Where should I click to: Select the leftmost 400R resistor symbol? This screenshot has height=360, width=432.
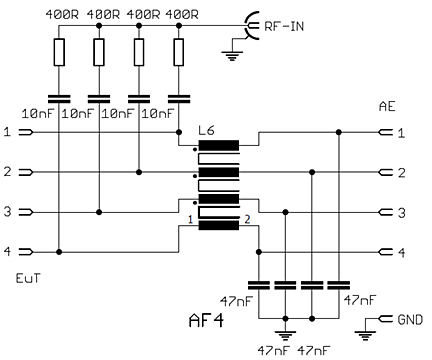click(x=60, y=52)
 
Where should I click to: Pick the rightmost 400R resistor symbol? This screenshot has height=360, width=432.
click(x=180, y=52)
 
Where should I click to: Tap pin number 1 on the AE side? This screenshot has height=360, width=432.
click(x=401, y=132)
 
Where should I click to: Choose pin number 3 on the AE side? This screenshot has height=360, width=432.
click(x=401, y=212)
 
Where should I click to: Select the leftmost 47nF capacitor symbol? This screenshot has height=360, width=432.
click(x=260, y=285)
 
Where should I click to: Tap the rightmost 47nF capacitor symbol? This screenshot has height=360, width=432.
click(x=340, y=285)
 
